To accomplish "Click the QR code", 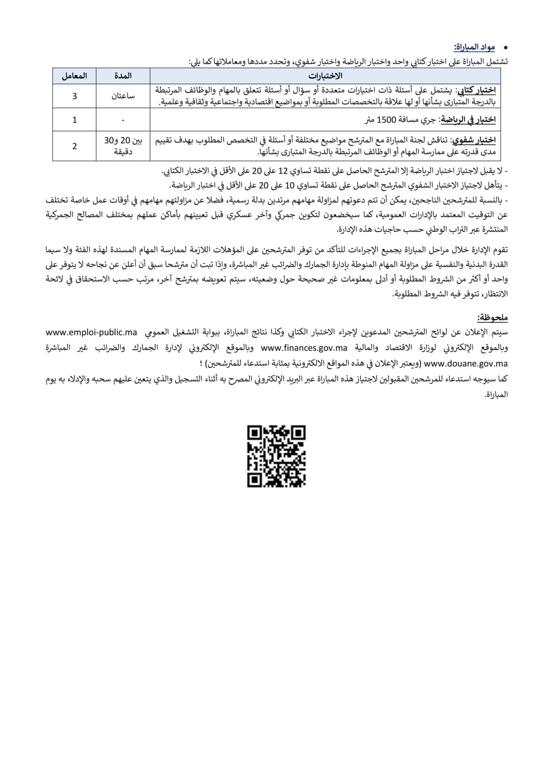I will pos(276,457).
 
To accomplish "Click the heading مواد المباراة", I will pos(474,48).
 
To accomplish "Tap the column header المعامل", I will pos(74,76).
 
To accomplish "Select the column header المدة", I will pos(123,76).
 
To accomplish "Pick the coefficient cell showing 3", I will pos(74,96).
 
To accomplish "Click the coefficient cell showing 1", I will pos(74,120).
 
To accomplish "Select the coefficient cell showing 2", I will pos(74,146).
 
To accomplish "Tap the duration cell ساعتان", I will pos(123,96).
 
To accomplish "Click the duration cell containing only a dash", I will pos(123,120).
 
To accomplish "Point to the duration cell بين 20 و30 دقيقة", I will pos(123,146).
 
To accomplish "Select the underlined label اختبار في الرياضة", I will pos(468,120).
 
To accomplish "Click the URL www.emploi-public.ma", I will pos(91,333).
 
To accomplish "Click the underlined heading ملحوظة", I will pos(492,317).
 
